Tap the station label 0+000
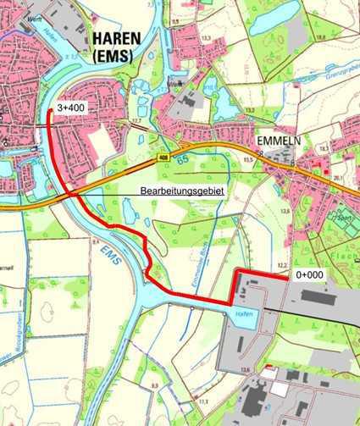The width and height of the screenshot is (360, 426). (309, 275)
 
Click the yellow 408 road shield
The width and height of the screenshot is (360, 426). (162, 158)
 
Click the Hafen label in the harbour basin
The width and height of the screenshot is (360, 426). (240, 313)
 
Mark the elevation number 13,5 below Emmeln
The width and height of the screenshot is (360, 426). (286, 211)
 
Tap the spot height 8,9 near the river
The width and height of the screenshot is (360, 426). (154, 386)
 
